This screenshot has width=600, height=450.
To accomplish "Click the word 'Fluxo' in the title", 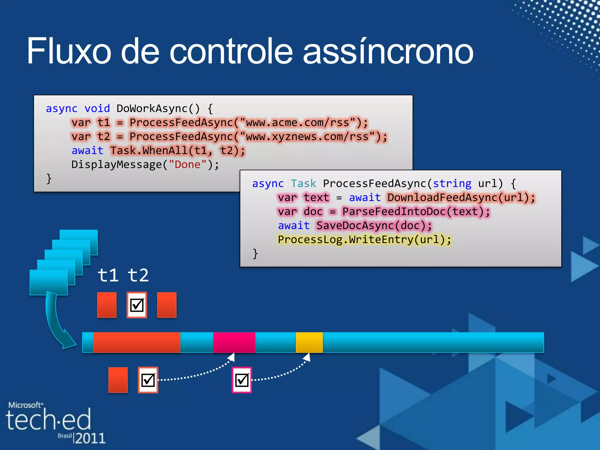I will click(69, 51).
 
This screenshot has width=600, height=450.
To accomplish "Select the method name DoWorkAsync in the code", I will click(152, 109).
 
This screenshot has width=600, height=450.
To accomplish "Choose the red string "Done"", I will click(188, 164).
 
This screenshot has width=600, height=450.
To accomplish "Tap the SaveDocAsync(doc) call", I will click(371, 226).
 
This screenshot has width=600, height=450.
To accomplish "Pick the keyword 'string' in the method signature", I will click(452, 184).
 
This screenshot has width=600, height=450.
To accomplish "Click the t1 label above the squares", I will click(108, 275).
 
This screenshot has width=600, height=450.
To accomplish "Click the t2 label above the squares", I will click(138, 275).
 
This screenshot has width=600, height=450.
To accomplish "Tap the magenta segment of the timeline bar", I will click(234, 342).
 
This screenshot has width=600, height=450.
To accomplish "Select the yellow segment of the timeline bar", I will click(309, 342).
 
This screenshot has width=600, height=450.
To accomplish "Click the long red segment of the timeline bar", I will click(137, 342).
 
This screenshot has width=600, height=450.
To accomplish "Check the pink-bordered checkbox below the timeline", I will click(242, 380).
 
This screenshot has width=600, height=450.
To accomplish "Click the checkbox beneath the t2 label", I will click(137, 305).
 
